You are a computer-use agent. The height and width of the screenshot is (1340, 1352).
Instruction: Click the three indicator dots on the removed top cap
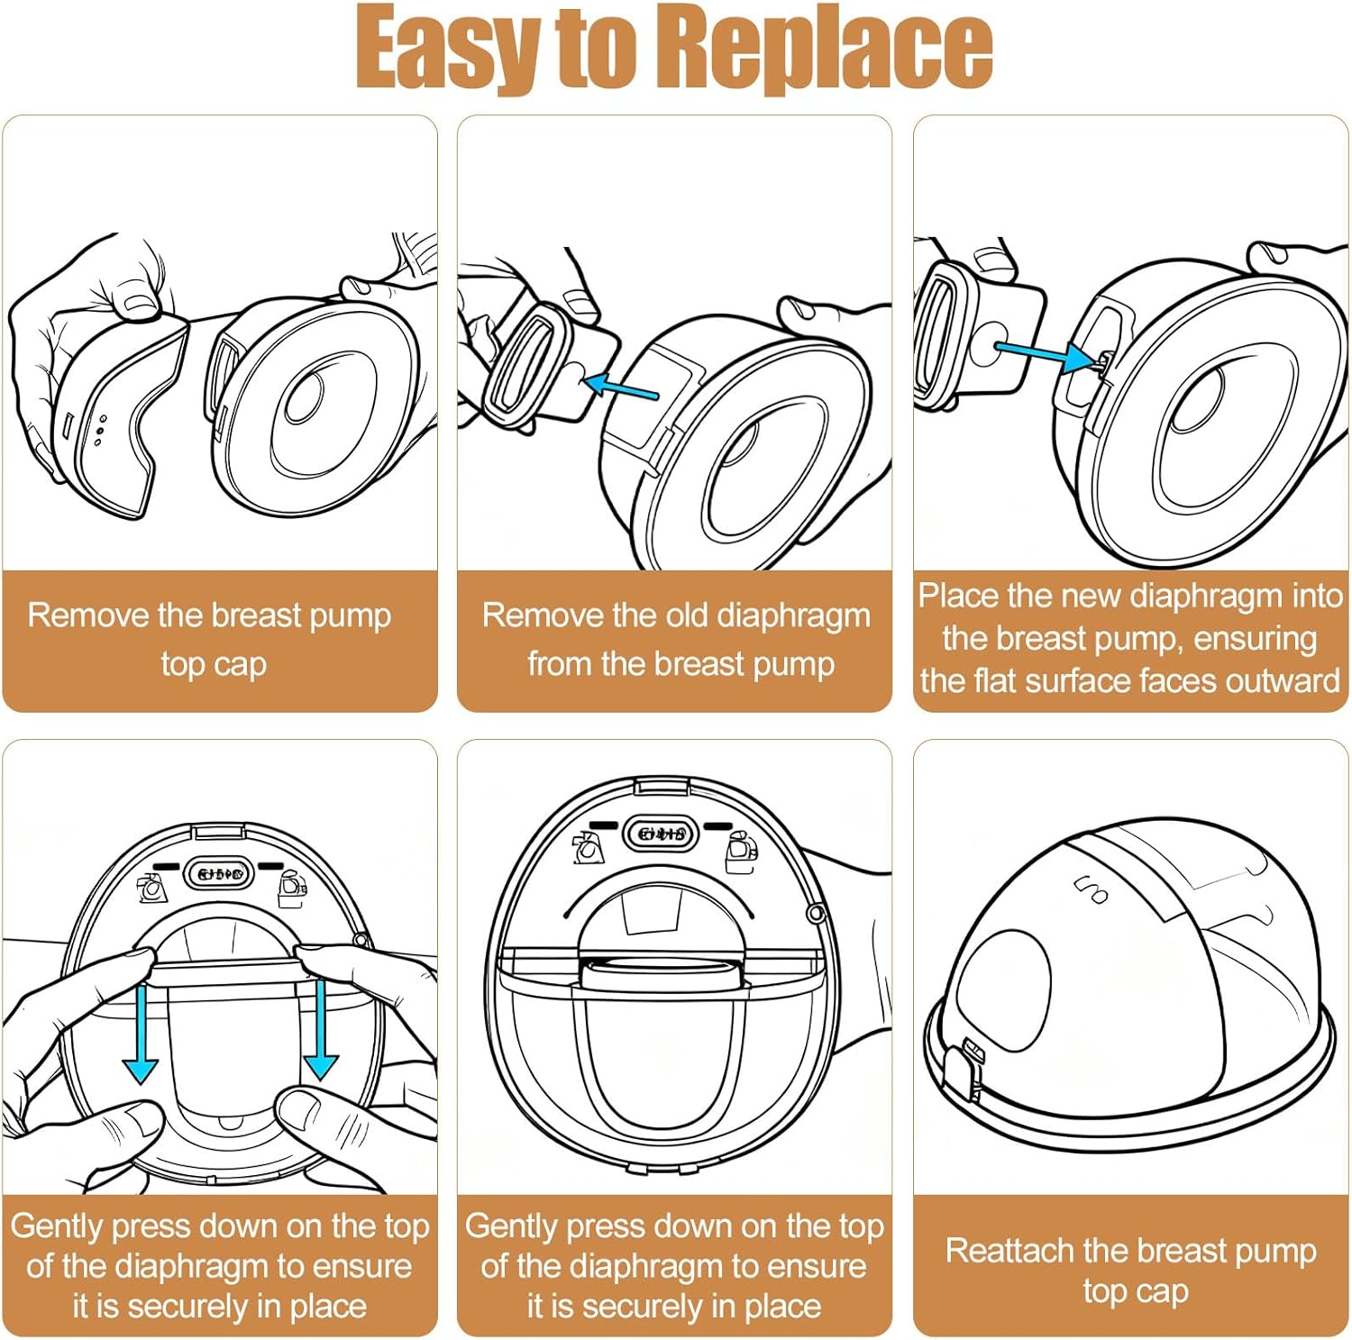(x=99, y=431)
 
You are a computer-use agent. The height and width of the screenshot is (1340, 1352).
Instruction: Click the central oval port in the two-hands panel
(x=221, y=872)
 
